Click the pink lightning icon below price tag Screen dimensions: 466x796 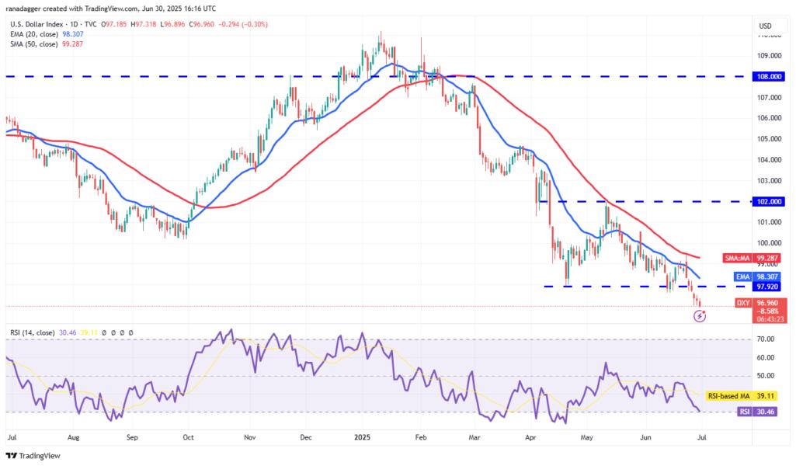(x=701, y=316)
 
